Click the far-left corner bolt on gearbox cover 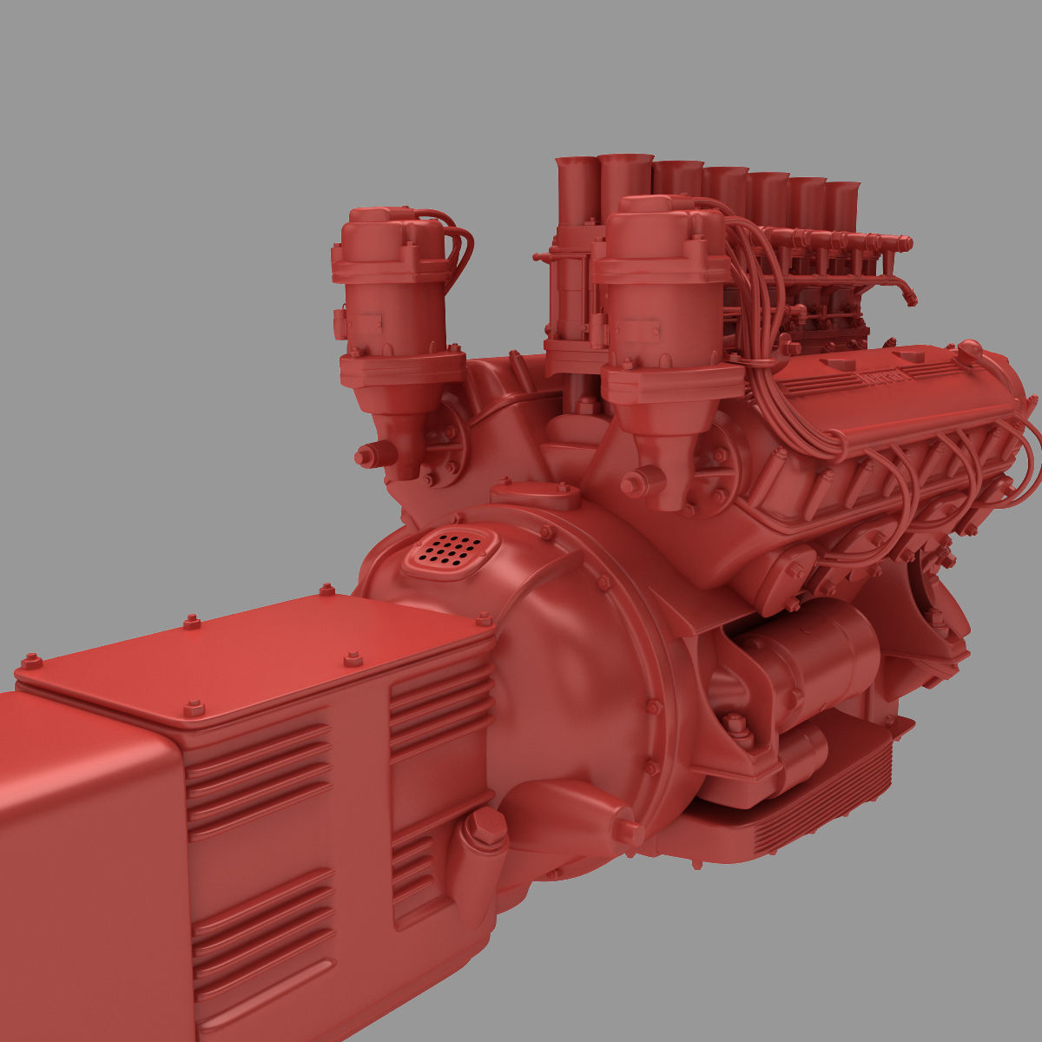click(32, 662)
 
